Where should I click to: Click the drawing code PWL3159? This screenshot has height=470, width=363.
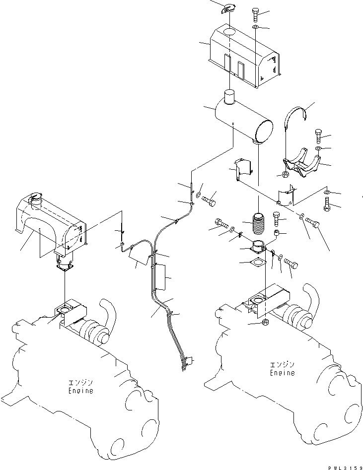tap(345, 468)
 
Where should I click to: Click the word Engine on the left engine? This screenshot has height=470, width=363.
tap(80, 391)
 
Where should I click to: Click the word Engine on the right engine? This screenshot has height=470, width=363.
tap(282, 373)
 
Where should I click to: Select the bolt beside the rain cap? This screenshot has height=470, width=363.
tap(255, 15)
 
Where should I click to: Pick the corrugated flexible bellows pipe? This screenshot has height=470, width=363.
tap(258, 224)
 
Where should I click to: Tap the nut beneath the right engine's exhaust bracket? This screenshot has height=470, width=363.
tap(265, 323)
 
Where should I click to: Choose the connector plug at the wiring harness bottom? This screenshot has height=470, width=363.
tap(189, 361)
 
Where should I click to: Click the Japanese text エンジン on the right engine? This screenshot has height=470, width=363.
tap(282, 365)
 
